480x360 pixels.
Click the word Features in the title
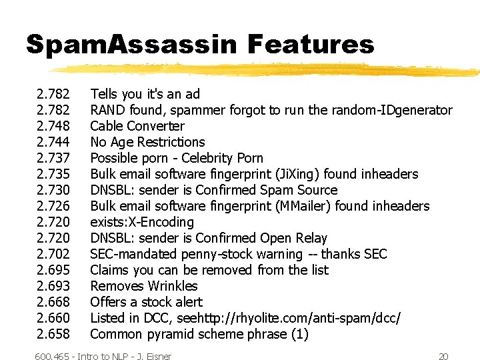click(x=310, y=45)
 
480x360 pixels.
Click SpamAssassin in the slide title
click(x=131, y=45)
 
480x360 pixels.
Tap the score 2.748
click(x=54, y=126)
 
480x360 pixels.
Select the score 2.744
click(x=54, y=142)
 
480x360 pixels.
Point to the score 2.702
click(x=54, y=254)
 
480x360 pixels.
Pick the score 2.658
click(x=54, y=334)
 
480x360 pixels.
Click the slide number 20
click(x=444, y=357)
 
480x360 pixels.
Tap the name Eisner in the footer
click(x=157, y=357)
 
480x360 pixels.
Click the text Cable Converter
click(x=137, y=126)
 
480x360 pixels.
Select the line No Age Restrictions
click(x=147, y=142)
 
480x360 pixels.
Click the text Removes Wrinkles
click(x=144, y=286)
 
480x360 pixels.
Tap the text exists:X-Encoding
click(x=142, y=222)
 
